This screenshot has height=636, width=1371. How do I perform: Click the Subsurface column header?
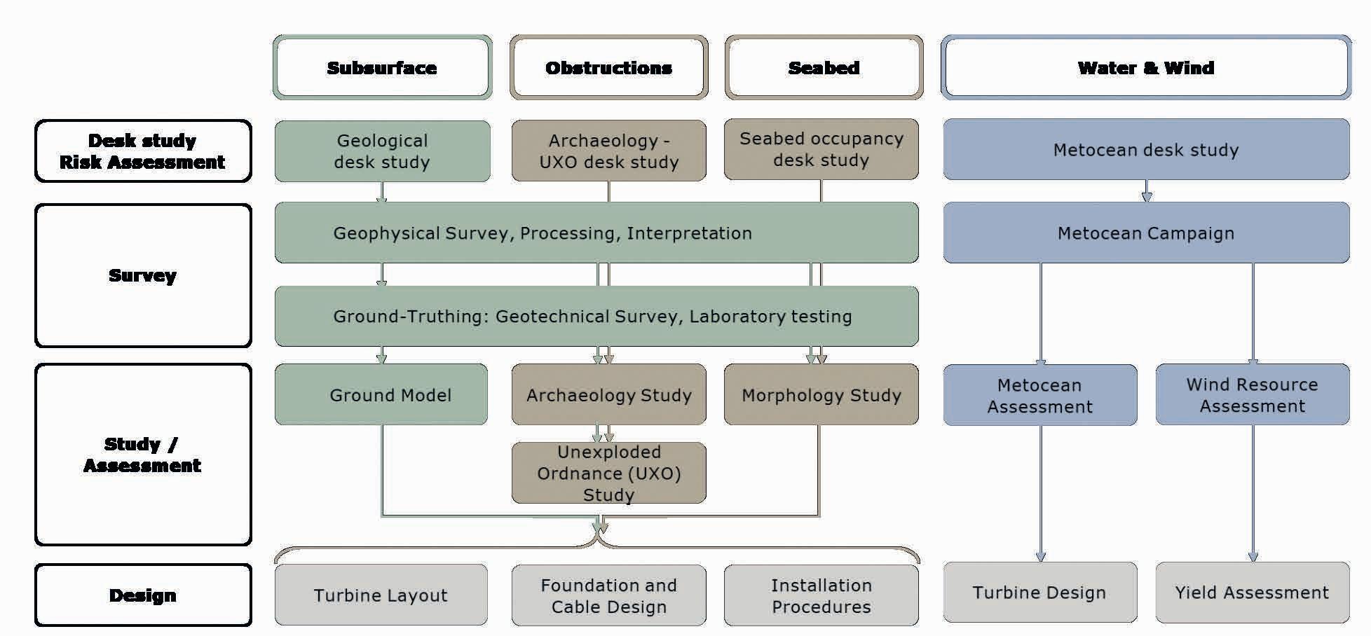[x=382, y=68]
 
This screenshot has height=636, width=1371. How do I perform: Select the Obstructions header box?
[x=608, y=68]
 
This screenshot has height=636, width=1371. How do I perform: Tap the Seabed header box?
[x=824, y=68]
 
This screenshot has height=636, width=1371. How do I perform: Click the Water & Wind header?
[x=1145, y=68]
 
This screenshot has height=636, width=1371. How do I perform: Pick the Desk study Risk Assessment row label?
[x=143, y=151]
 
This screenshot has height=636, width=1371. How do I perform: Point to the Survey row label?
[x=143, y=275]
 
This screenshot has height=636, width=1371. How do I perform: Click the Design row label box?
[x=143, y=595]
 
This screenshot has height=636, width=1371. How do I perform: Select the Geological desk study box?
[x=382, y=151]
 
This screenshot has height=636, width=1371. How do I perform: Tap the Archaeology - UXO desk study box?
[x=608, y=151]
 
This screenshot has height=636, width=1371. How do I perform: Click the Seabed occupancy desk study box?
[x=821, y=149]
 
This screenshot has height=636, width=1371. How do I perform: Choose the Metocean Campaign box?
[x=1145, y=233]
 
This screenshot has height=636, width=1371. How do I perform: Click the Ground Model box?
[x=382, y=395]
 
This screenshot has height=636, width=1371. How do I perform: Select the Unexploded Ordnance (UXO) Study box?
[x=608, y=473]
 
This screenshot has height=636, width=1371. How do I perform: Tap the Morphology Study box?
[x=821, y=395]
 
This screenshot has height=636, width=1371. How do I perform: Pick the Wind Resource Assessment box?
[x=1252, y=395]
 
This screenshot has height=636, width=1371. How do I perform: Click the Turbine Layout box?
[x=381, y=595]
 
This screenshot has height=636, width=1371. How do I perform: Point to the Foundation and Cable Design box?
[x=608, y=595]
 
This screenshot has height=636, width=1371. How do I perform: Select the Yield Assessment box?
[x=1252, y=593]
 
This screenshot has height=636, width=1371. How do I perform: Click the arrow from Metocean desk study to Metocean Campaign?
[x=1147, y=191]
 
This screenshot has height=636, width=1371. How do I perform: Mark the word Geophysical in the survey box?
[x=374, y=233]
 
